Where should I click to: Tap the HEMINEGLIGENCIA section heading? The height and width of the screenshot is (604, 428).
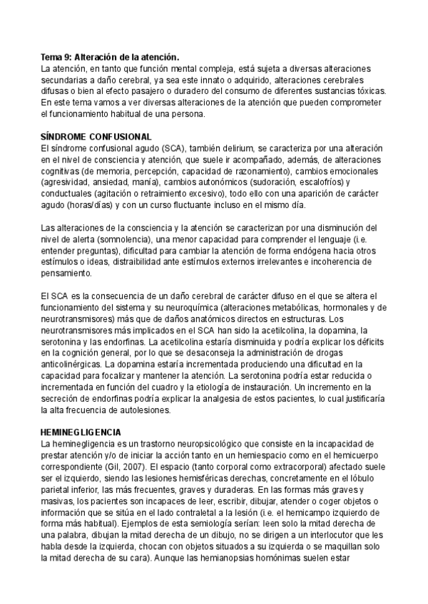(x=81, y=433)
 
